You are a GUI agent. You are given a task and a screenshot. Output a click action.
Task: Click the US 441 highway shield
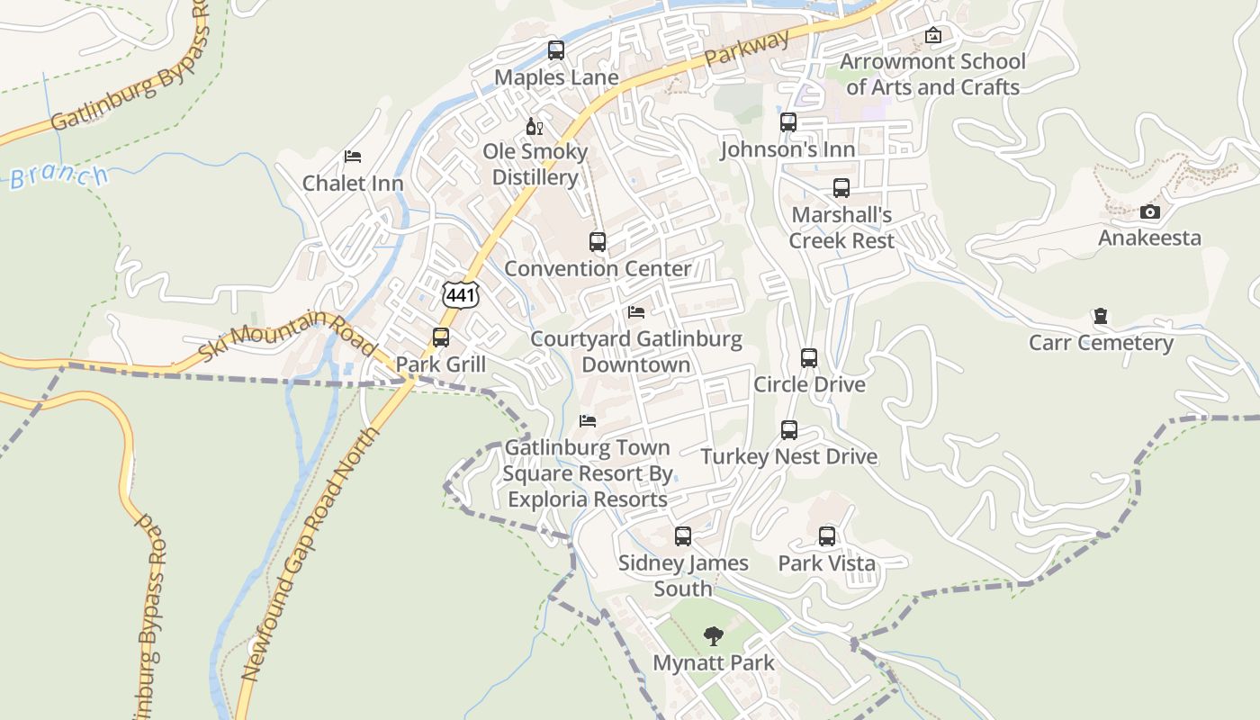click(x=461, y=294)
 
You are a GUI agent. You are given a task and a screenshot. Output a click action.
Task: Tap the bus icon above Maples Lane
click(x=556, y=50)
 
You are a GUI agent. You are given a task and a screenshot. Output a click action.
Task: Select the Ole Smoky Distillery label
click(x=535, y=164)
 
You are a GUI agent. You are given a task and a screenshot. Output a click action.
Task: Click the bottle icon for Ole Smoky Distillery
click(x=534, y=127)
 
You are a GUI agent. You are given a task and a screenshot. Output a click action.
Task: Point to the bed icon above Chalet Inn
click(x=353, y=157)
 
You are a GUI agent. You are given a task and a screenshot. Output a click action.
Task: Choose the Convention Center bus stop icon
click(x=598, y=241)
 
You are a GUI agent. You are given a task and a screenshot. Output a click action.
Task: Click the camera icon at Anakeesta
click(x=1149, y=212)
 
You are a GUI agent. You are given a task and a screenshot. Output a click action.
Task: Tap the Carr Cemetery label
click(x=1101, y=343)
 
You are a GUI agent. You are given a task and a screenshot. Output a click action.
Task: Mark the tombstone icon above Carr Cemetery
click(x=1100, y=316)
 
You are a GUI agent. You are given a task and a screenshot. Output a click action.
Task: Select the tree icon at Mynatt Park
click(x=714, y=636)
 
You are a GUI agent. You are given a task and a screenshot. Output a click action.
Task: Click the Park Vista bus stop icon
click(x=827, y=536)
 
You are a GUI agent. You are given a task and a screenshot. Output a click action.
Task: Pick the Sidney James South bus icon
click(x=683, y=536)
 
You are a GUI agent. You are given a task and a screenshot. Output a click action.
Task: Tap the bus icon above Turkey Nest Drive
click(x=789, y=430)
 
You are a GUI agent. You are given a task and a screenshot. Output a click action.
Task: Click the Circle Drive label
click(x=809, y=384)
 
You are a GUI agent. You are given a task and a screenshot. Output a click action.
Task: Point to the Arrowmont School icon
click(x=933, y=36)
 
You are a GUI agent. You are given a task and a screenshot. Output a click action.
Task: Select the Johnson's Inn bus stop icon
click(x=788, y=122)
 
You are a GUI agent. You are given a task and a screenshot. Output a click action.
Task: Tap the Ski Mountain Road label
click(x=286, y=335)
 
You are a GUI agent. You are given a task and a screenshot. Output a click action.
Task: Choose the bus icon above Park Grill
click(x=441, y=337)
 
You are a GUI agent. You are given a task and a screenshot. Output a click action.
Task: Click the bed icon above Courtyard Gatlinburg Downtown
click(x=636, y=312)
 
